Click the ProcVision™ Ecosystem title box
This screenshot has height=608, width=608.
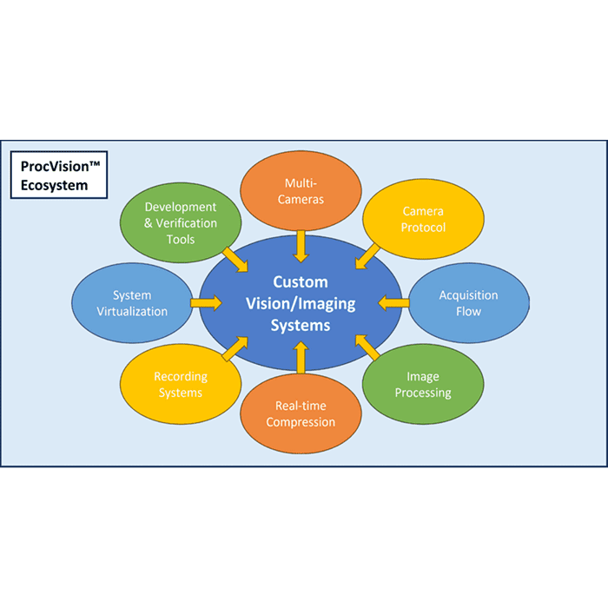[x=59, y=175]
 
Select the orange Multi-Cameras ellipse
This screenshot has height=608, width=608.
[x=301, y=191]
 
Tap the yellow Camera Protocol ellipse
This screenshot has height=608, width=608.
[x=423, y=219]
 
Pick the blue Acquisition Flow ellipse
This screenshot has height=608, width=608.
[x=468, y=302]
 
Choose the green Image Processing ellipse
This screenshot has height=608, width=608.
[x=423, y=385]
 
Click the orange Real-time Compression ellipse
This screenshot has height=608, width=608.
[x=301, y=413]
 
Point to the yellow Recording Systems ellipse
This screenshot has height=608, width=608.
[x=180, y=384]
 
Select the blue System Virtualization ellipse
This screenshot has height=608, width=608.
[x=132, y=302]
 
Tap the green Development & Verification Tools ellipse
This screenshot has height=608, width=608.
[x=181, y=221]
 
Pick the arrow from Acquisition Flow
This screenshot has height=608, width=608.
[x=393, y=302]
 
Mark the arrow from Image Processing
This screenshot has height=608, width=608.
[x=368, y=348]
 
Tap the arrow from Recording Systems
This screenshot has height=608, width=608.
[x=235, y=349]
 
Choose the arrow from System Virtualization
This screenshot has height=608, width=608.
[x=207, y=302]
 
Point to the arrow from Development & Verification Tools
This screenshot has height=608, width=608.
[x=235, y=258]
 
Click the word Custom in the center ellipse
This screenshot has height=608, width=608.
[x=301, y=281]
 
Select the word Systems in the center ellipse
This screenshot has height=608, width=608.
[x=301, y=326]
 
